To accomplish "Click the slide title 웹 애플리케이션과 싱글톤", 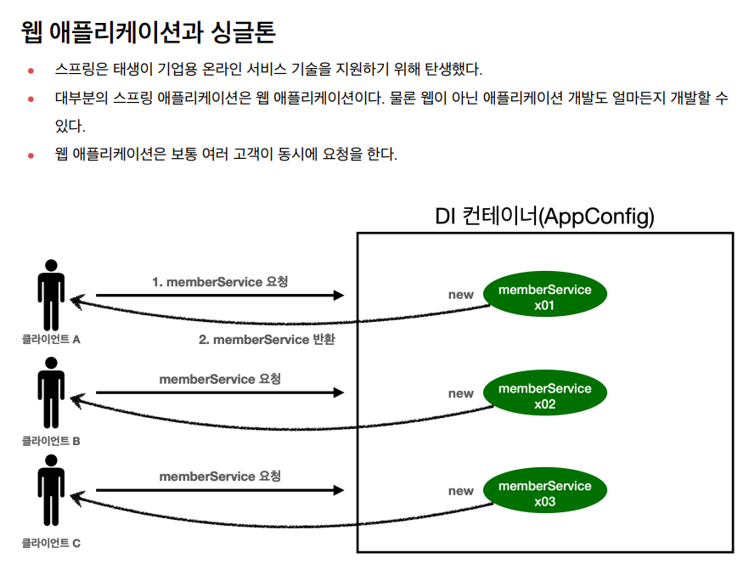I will (149, 32).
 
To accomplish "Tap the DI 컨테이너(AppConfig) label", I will (544, 217).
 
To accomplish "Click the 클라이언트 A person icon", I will (51, 292).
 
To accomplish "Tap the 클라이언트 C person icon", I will (51, 489).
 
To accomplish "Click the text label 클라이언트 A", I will (51, 340).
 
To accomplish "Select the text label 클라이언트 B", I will (51, 442).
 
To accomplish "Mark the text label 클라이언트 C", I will (51, 542).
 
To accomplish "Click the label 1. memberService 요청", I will (220, 281).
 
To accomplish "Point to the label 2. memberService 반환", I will (267, 340).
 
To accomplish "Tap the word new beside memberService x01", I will (460, 295).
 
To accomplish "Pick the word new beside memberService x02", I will (460, 393).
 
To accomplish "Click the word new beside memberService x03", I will (460, 491).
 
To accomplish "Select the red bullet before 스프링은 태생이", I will (31, 71).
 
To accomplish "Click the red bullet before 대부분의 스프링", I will (31, 99).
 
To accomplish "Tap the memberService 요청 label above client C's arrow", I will (220, 477).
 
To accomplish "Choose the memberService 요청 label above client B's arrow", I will (220, 379).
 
